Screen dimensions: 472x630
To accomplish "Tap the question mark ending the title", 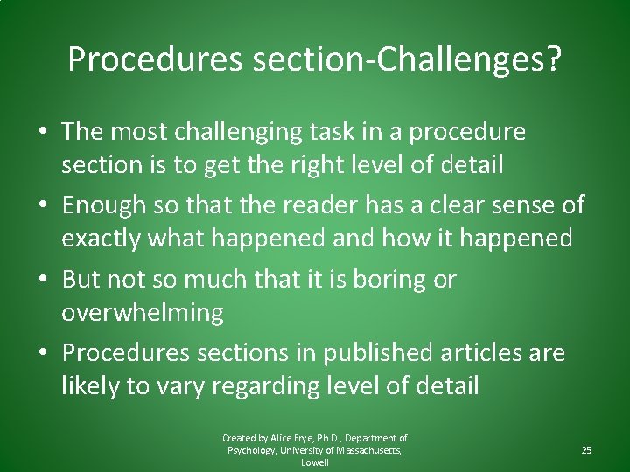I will (x=554, y=59).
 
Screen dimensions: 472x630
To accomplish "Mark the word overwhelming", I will (x=142, y=312).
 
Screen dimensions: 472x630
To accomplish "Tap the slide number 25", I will (x=586, y=450).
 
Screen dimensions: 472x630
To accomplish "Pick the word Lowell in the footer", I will (x=315, y=462).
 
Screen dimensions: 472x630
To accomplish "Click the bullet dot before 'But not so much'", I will (x=45, y=281).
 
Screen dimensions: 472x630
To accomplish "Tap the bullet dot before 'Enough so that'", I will (x=45, y=206).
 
